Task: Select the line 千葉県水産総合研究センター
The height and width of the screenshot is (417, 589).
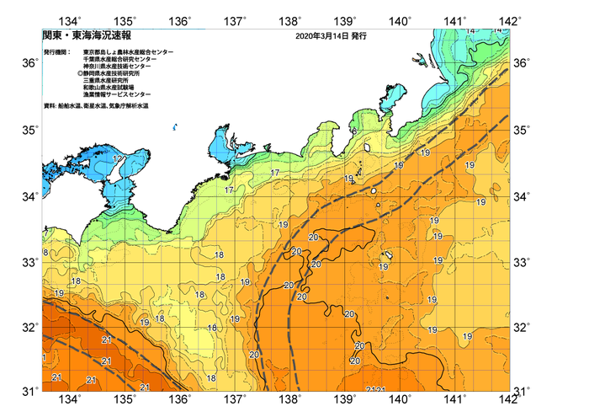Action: click(123, 59)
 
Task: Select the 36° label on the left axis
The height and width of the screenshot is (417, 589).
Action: click(29, 63)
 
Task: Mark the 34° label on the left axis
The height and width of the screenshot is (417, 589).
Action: click(29, 196)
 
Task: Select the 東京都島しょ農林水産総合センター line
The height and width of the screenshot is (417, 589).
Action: click(129, 52)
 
